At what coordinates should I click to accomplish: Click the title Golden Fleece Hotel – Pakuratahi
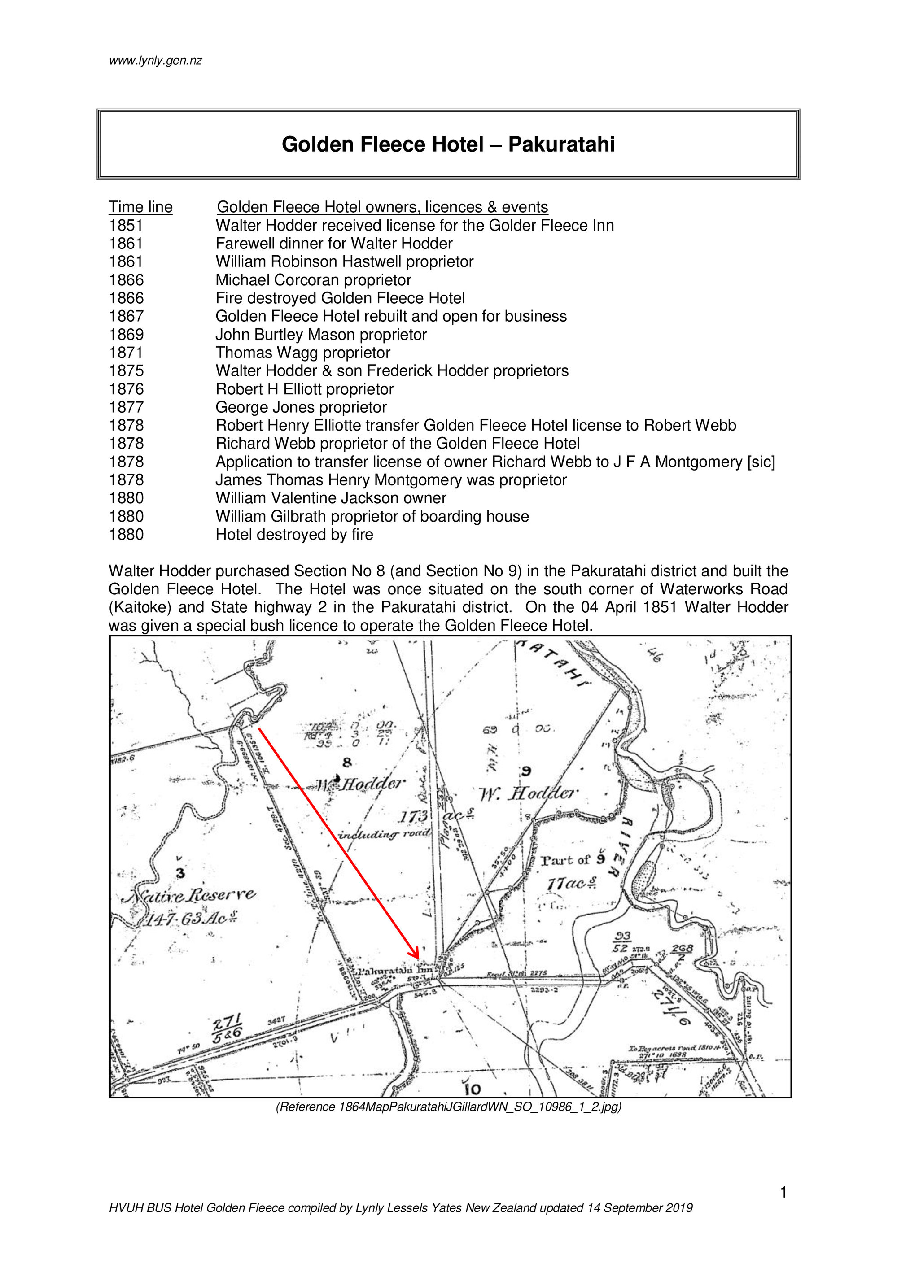point(448,145)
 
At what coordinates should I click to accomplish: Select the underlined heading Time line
point(140,207)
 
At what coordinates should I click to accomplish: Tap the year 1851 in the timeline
point(126,225)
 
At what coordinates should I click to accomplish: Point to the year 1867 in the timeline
point(126,317)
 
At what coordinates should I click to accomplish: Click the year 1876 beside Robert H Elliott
point(126,389)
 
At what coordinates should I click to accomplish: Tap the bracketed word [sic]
point(761,462)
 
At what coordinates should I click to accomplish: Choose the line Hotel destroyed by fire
point(294,535)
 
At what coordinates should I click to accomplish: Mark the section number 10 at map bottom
point(473,1089)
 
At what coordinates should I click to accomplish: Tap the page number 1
point(783,1194)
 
